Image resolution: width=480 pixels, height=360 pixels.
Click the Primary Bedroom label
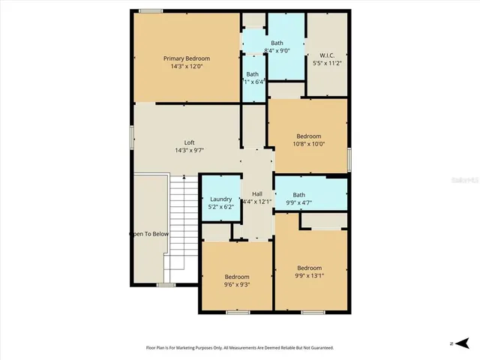(x=187, y=58)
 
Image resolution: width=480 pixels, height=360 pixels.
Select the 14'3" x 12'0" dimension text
(x=187, y=66)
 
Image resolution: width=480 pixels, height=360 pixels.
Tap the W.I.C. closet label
(x=326, y=55)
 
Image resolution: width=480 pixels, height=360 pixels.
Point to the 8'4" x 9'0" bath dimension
(x=277, y=51)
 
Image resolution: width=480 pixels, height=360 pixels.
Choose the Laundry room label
(x=220, y=199)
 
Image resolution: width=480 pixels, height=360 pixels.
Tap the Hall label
(x=257, y=193)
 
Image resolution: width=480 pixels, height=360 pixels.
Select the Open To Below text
(x=150, y=234)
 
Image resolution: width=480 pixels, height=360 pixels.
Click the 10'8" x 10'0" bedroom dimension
(x=308, y=144)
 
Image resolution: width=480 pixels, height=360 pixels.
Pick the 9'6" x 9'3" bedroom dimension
(x=237, y=285)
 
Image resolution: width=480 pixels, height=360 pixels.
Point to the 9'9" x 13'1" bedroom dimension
(x=308, y=276)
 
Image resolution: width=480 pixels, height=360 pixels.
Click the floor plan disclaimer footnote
(x=239, y=348)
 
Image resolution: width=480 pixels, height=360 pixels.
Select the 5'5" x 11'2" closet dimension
(x=326, y=63)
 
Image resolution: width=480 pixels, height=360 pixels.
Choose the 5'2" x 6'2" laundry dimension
(x=220, y=207)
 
